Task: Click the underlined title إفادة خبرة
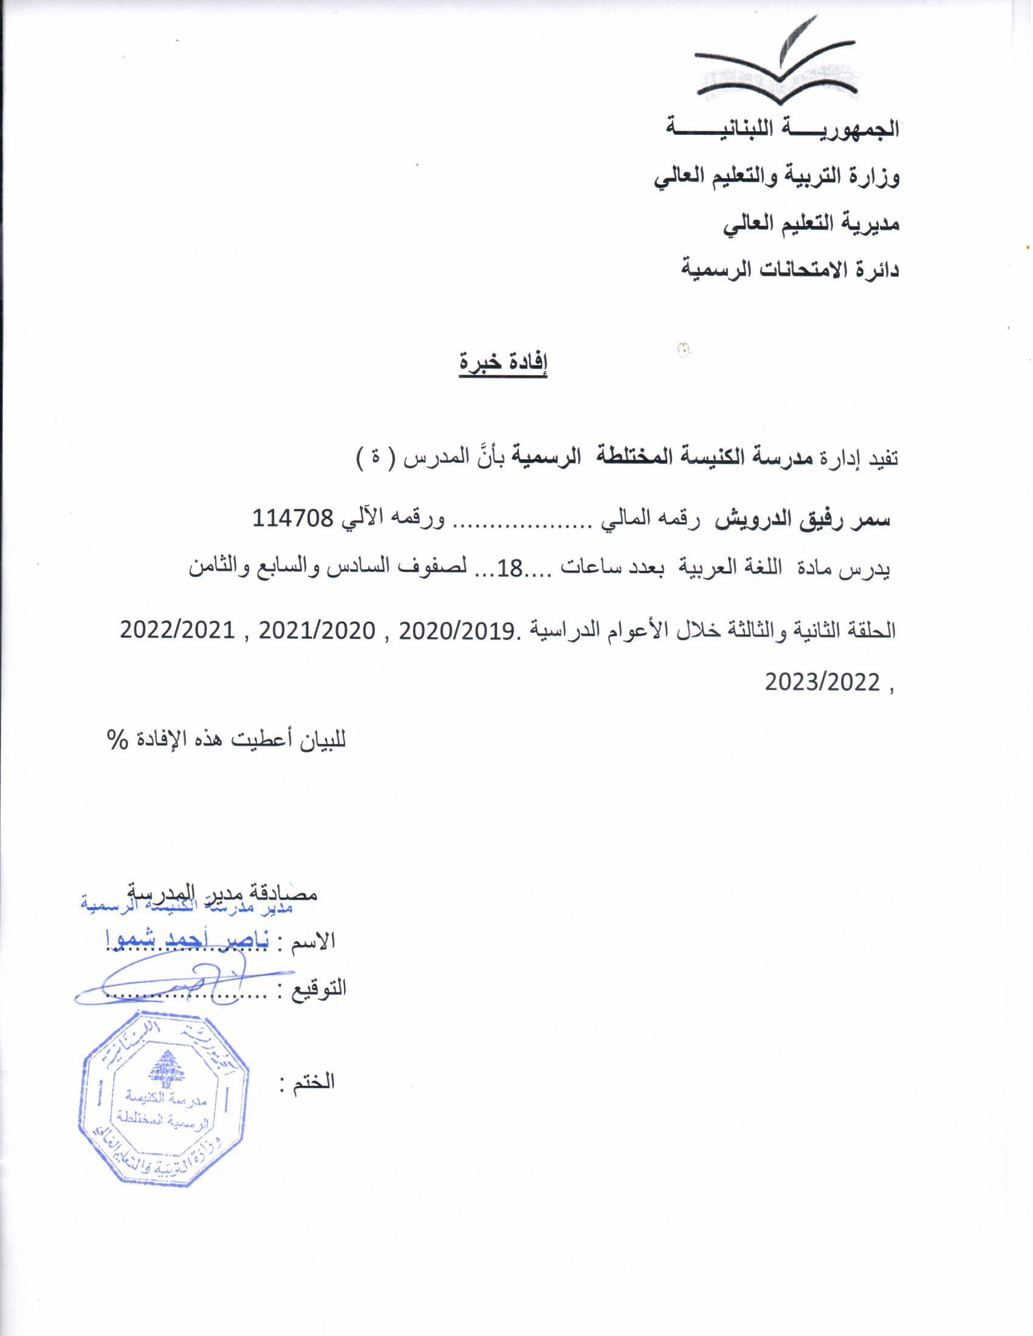503,363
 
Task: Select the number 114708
293,519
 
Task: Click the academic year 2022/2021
177,630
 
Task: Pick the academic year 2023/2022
822,682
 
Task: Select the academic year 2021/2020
317,630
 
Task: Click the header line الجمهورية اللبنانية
783,129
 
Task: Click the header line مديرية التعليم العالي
811,224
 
